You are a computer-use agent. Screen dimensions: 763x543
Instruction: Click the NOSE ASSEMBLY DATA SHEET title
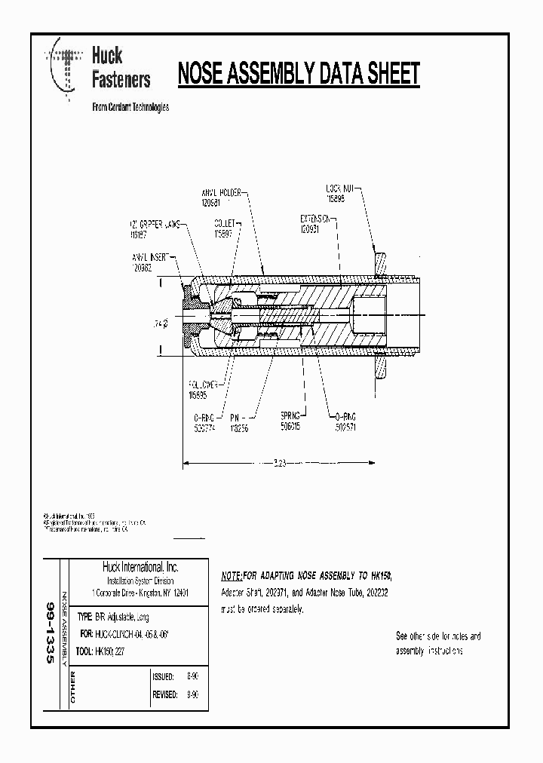[297, 74]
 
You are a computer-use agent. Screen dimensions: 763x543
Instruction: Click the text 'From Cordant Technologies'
[130, 107]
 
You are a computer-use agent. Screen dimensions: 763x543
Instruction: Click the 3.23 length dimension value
[278, 462]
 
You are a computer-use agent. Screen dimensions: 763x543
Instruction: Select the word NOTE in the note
[231, 575]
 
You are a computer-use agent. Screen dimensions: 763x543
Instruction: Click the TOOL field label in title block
[84, 654]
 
